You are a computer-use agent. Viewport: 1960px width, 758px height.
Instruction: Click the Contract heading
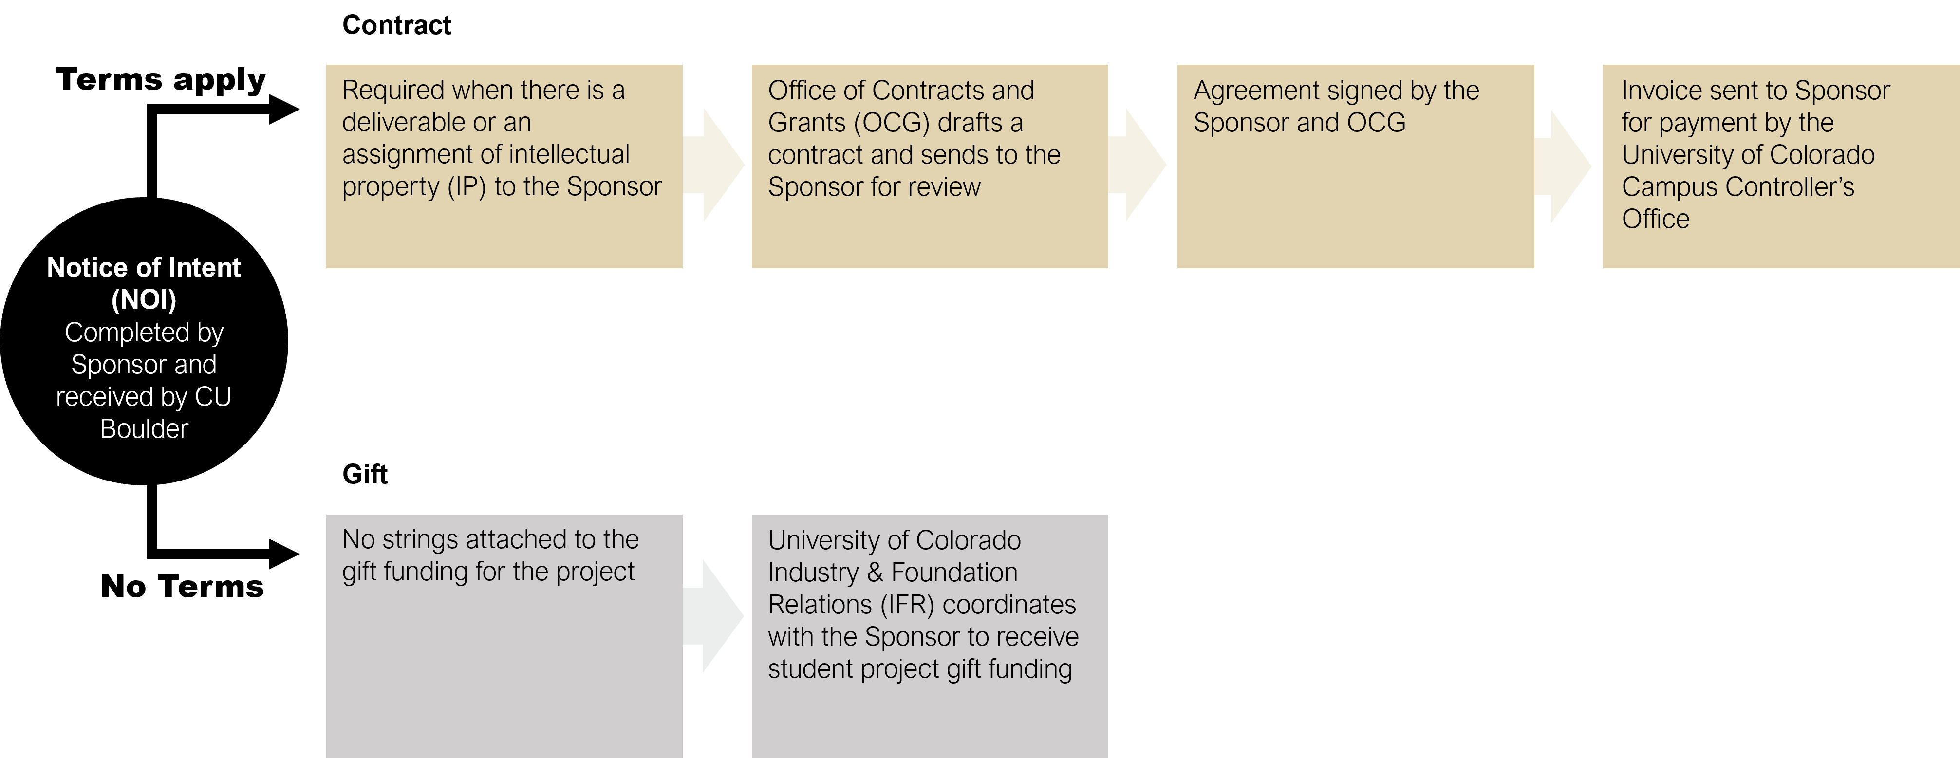point(396,25)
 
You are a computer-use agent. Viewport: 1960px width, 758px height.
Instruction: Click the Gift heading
point(365,474)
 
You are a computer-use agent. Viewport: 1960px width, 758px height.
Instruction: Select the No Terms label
point(183,586)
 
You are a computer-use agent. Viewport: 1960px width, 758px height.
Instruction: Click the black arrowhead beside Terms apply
point(284,110)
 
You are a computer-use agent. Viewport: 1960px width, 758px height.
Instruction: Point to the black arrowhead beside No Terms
point(284,554)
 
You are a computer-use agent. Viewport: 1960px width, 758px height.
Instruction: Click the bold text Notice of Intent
point(144,268)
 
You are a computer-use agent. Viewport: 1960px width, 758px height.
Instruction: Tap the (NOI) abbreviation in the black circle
point(144,300)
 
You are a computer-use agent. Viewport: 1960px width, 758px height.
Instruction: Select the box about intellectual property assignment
point(504,166)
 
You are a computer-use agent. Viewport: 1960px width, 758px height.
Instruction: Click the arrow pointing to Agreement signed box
point(1137,165)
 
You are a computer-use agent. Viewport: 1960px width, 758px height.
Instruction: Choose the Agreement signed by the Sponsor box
point(1355,166)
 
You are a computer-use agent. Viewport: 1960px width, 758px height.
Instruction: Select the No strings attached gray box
point(504,635)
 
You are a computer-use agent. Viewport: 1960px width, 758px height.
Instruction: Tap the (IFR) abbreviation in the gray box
point(907,604)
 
